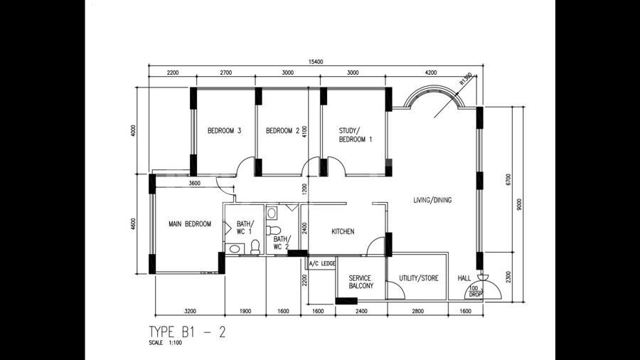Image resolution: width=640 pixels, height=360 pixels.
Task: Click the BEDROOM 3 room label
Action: [x=224, y=131]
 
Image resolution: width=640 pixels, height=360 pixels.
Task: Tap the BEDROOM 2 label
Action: [x=282, y=131]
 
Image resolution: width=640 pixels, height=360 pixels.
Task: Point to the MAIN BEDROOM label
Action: [x=190, y=223]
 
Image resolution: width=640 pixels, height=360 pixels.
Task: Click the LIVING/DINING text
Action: [x=432, y=200]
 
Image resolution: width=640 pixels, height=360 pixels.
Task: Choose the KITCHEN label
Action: [x=343, y=231]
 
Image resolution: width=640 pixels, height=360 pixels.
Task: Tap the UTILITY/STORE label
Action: [x=419, y=278]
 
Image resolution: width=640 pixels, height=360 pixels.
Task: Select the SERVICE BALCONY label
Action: [x=361, y=282]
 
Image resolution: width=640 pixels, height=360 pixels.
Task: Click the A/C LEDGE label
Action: [x=322, y=264]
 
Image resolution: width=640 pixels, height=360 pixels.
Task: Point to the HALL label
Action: [x=464, y=278]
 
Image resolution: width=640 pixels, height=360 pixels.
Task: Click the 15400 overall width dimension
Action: [x=316, y=62]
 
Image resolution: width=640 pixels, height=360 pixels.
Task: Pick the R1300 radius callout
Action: [x=466, y=78]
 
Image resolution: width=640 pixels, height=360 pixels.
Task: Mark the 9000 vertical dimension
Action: [x=519, y=204]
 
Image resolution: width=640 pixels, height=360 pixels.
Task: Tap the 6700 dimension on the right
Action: [x=508, y=180]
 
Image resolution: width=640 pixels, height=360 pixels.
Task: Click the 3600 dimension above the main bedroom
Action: [x=195, y=184]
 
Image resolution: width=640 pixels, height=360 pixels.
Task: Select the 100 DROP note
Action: [x=475, y=291]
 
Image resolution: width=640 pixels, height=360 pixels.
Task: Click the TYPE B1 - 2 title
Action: [x=187, y=332]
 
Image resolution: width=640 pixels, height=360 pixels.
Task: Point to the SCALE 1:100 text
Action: [x=165, y=343]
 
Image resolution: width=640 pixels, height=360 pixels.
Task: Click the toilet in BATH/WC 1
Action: [x=255, y=248]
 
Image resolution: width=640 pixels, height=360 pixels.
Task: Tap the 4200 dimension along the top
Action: [x=431, y=73]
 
